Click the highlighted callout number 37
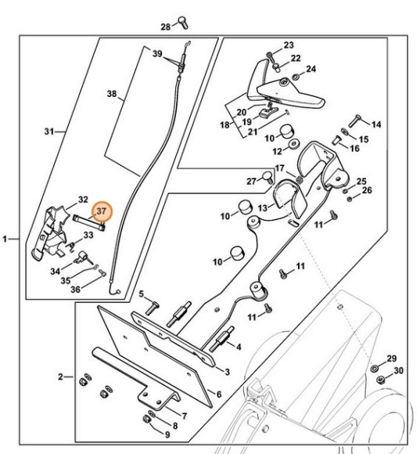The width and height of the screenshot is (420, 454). click(102, 211)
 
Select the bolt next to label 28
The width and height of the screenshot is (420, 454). click(182, 23)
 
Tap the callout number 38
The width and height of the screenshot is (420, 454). click(111, 94)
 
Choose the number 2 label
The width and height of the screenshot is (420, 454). click(60, 377)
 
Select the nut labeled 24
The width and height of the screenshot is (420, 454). click(296, 77)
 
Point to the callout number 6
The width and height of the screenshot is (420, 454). click(221, 394)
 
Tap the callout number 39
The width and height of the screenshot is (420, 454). click(156, 53)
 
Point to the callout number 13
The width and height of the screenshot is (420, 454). click(263, 207)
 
